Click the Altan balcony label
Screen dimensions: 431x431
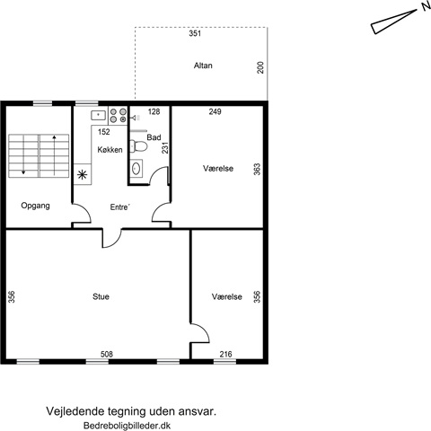(203, 66)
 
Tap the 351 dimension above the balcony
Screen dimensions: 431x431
(195, 33)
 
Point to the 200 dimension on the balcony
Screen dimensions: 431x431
(260, 67)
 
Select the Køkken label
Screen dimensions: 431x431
(110, 150)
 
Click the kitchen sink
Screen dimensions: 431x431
(99, 115)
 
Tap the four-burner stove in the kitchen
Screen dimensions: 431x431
(118, 116)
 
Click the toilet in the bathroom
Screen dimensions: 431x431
(138, 146)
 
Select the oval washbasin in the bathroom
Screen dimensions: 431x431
(136, 168)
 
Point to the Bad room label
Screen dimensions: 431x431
(154, 137)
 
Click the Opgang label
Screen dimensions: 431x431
(35, 206)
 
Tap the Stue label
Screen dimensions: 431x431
(101, 296)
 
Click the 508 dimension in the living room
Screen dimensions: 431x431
(107, 355)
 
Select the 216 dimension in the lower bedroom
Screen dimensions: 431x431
(225, 355)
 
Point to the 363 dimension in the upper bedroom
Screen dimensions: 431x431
(257, 169)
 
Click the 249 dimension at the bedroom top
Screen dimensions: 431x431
(215, 111)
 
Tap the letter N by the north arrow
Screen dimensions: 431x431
(426, 6)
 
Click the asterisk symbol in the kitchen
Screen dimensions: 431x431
(82, 174)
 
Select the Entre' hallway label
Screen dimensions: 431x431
(120, 207)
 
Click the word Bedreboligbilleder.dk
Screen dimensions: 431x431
(128, 426)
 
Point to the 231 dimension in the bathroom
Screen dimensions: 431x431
(165, 148)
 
